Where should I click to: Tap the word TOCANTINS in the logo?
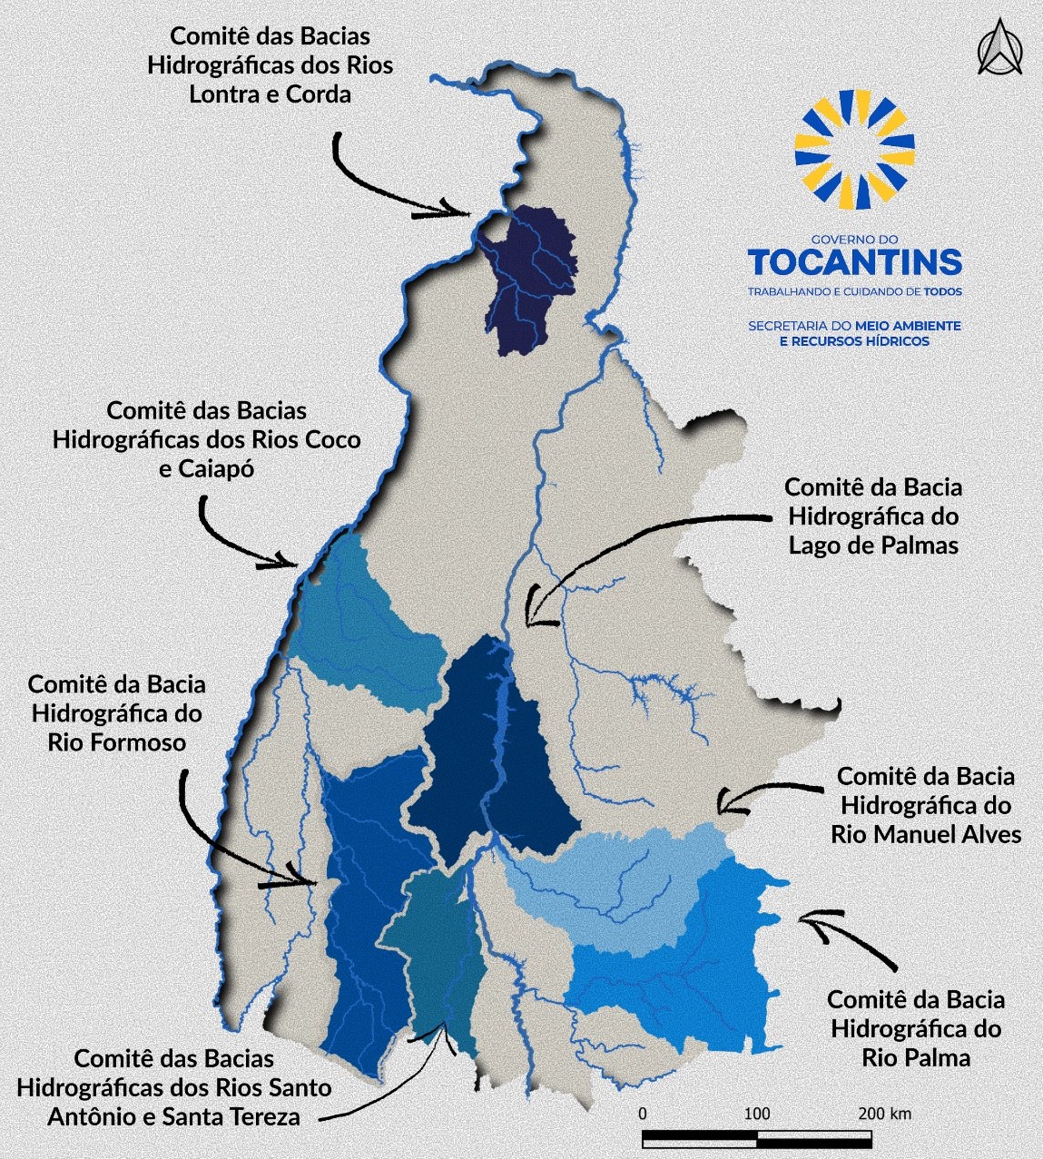click(854, 262)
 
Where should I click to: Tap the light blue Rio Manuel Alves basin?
click(617, 885)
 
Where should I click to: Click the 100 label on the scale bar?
click(756, 1114)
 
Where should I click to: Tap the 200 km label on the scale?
click(884, 1114)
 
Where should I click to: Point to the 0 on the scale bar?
click(643, 1114)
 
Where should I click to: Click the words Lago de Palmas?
click(873, 545)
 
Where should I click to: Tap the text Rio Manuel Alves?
click(926, 834)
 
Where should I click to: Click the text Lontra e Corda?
click(270, 94)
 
